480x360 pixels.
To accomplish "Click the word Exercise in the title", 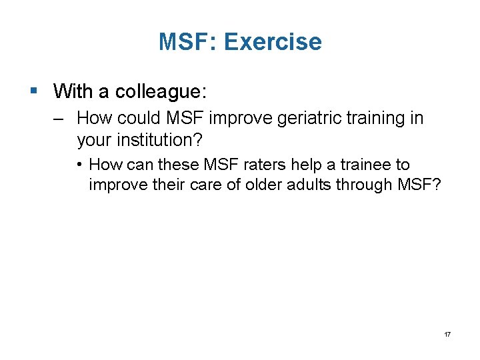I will [273, 42].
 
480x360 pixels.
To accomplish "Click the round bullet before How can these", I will [79, 165].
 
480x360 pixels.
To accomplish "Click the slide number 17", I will [447, 333].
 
